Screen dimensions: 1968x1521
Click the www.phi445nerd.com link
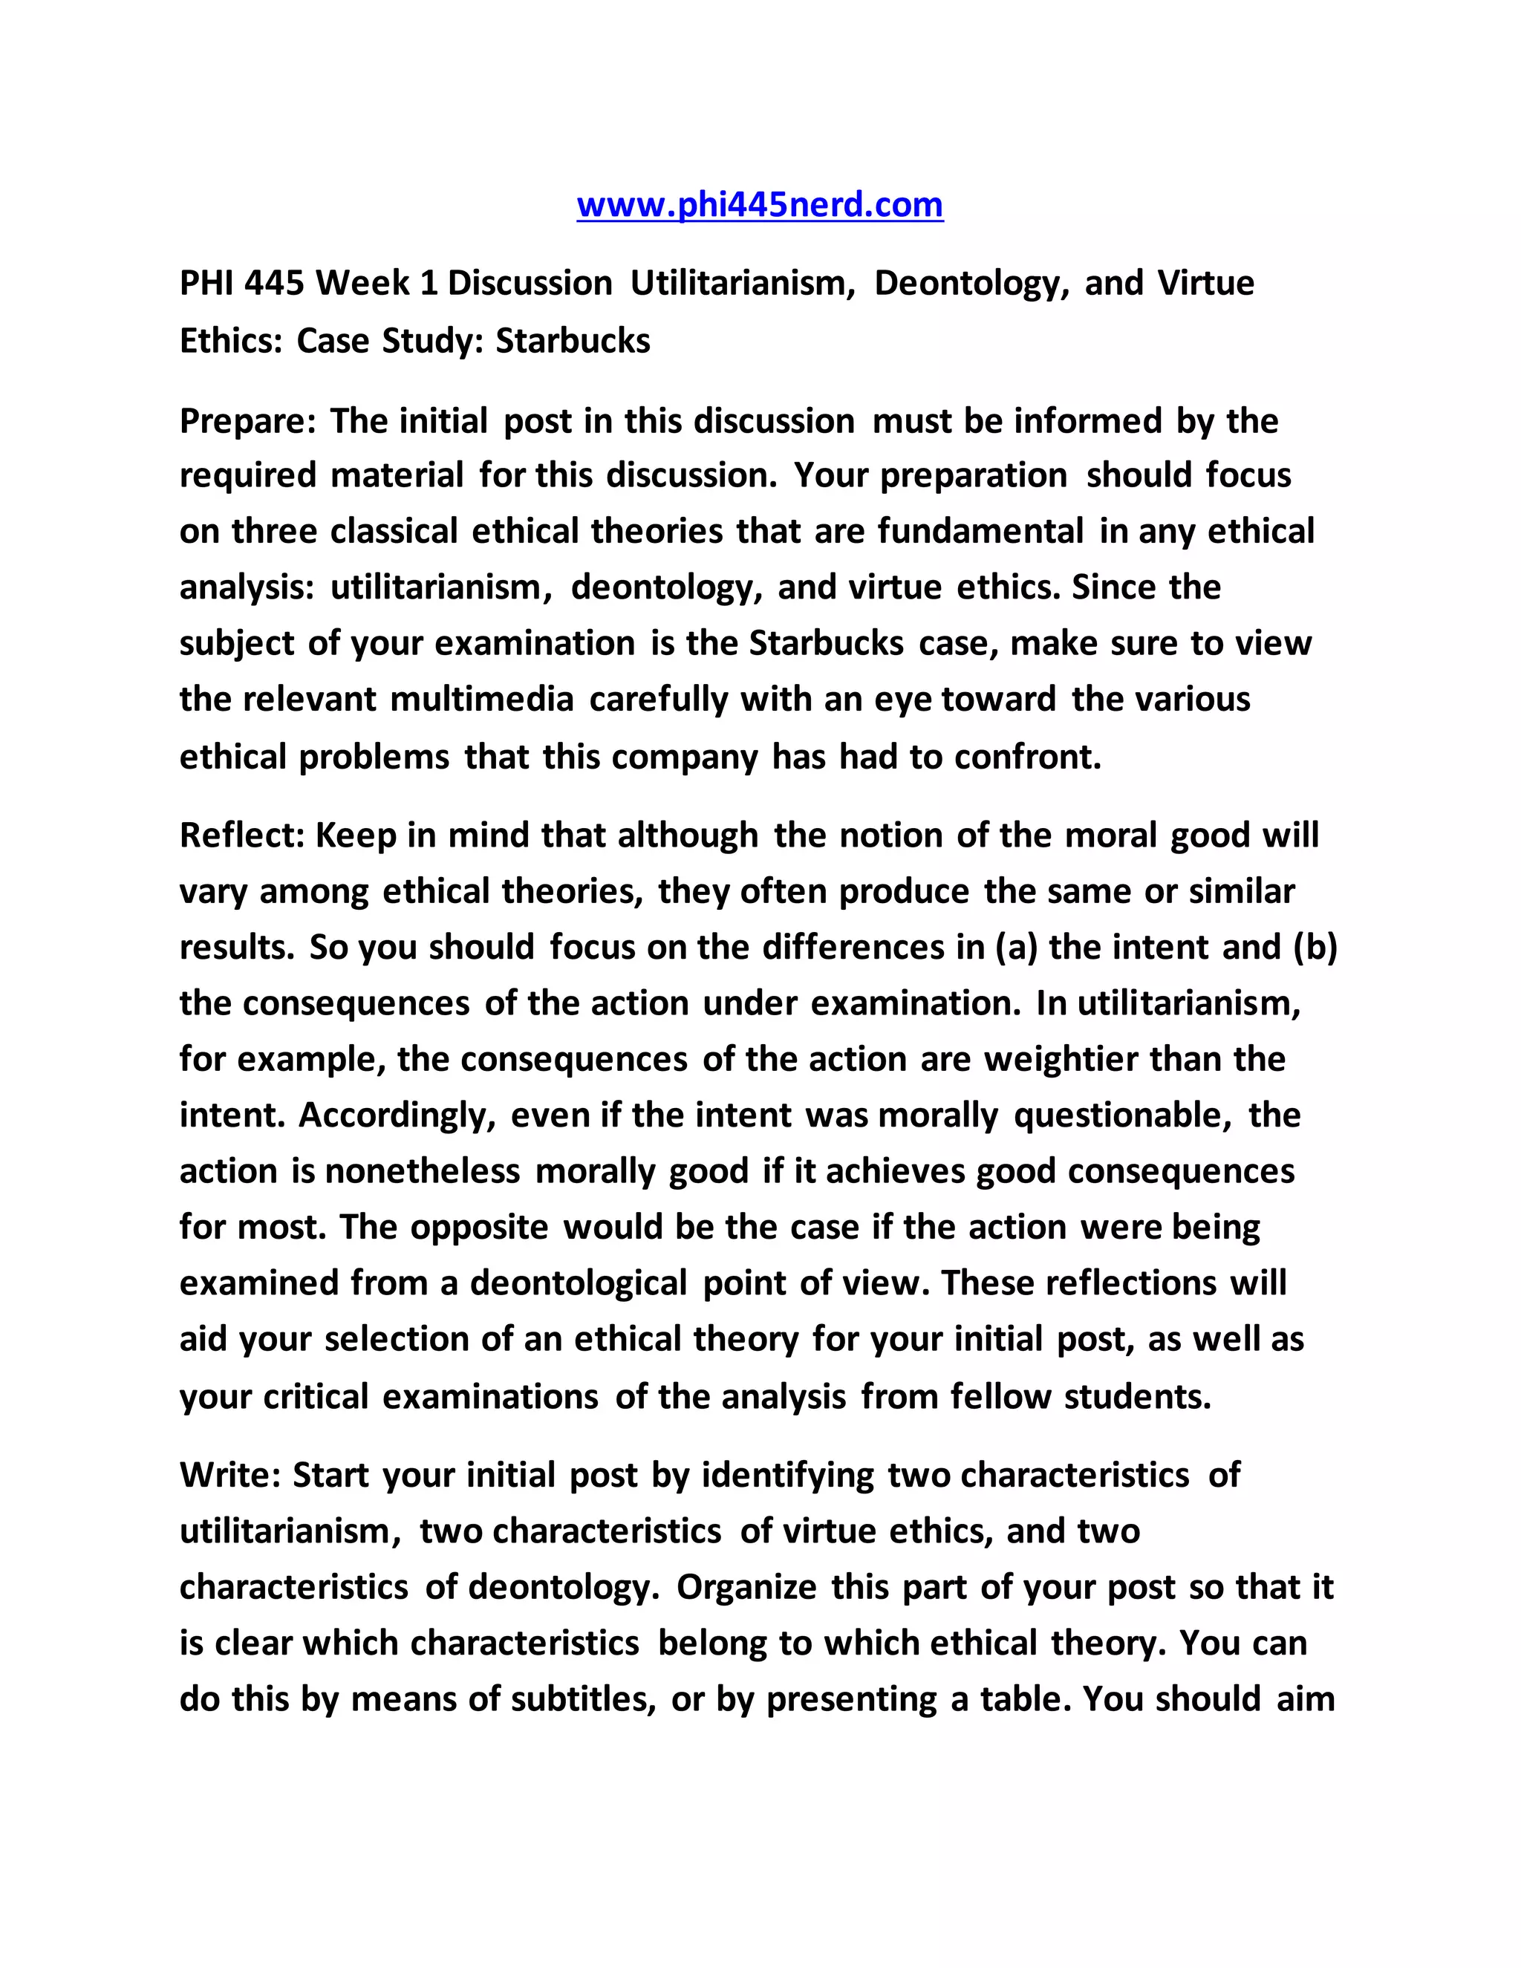pos(760,206)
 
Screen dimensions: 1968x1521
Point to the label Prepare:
pos(248,422)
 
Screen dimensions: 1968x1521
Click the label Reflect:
pos(242,835)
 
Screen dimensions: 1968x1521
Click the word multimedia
pos(482,700)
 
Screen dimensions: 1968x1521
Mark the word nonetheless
pos(422,1171)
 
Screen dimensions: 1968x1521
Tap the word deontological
pos(579,1283)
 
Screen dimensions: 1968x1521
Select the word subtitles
pos(583,1698)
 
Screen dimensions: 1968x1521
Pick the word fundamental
pos(980,532)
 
